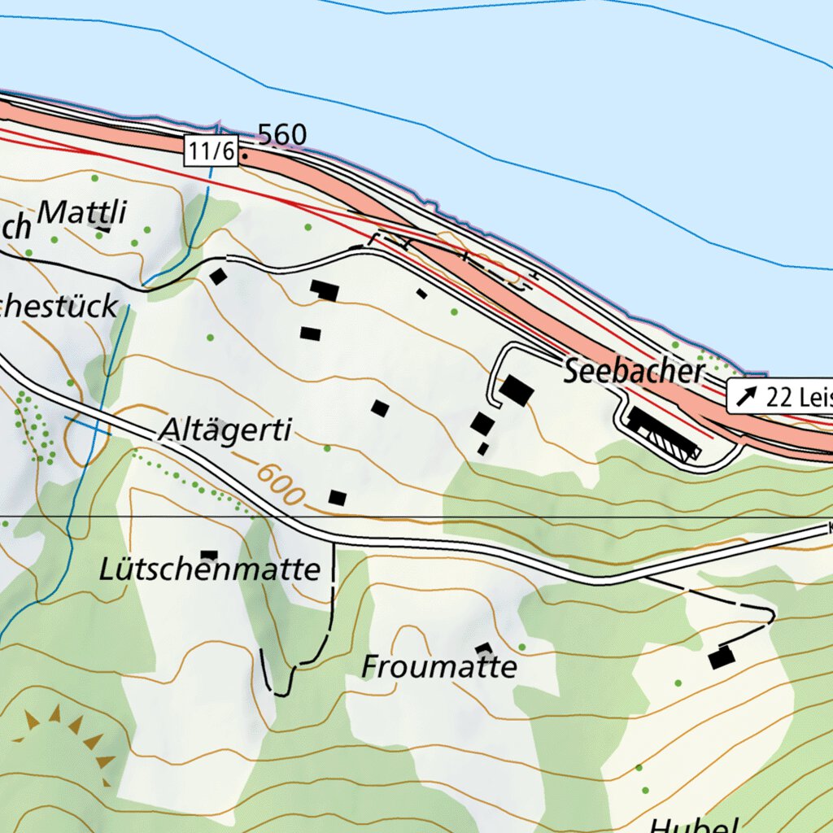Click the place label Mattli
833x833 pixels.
(x=83, y=213)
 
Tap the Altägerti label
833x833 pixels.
(x=225, y=431)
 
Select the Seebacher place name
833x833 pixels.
(x=634, y=372)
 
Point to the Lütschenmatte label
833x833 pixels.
(x=209, y=569)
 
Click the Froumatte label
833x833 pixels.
(x=439, y=667)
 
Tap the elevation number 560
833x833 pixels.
(x=281, y=136)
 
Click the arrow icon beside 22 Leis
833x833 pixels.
(x=746, y=397)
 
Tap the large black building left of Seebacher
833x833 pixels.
(x=517, y=390)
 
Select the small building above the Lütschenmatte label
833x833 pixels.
(x=209, y=556)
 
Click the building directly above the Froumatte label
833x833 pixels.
(x=484, y=649)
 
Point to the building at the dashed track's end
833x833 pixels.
(x=721, y=657)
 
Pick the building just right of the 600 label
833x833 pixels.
(x=338, y=497)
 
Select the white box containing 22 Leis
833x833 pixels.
(x=779, y=397)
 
